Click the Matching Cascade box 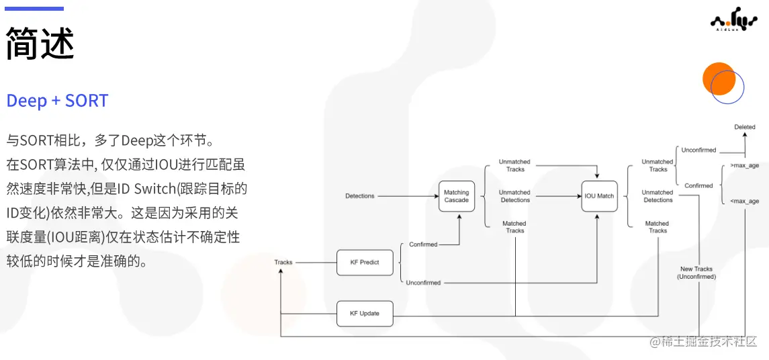pyautogui.click(x=457, y=196)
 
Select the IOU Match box pyautogui.click(x=599, y=196)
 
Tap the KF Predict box pyautogui.click(x=365, y=263)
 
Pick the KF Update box pyautogui.click(x=365, y=314)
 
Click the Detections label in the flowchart pyautogui.click(x=360, y=196)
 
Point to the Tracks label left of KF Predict pyautogui.click(x=283, y=263)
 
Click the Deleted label pyautogui.click(x=744, y=127)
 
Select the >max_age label pyautogui.click(x=744, y=165)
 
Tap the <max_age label pyautogui.click(x=744, y=201)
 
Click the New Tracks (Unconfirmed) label pyautogui.click(x=696, y=273)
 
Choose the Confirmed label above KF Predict pyautogui.click(x=423, y=244)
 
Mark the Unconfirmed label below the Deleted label pyautogui.click(x=698, y=150)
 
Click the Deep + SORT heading pyautogui.click(x=57, y=101)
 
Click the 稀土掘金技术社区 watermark pyautogui.click(x=703, y=342)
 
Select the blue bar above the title pyautogui.click(x=34, y=9)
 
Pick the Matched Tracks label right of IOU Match pyautogui.click(x=657, y=227)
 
